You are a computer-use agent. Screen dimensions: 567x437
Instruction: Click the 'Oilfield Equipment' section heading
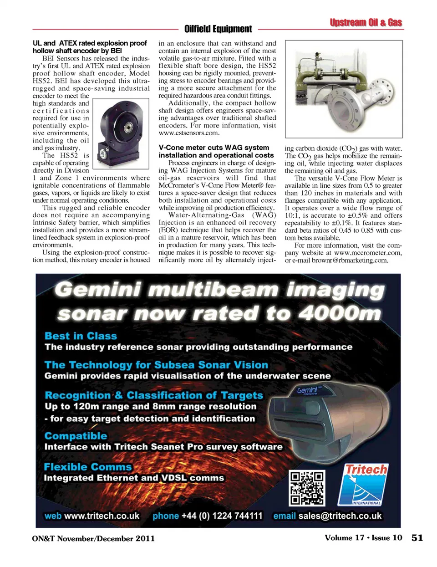(218, 29)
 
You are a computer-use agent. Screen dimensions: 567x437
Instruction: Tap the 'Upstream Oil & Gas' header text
(366, 22)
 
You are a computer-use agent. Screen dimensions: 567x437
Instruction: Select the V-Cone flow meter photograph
(344, 89)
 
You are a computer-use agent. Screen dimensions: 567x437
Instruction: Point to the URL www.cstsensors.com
(189, 133)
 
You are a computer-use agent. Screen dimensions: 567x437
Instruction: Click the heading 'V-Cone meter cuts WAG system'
(214, 148)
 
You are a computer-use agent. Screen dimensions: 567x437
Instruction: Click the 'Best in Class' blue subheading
(81, 336)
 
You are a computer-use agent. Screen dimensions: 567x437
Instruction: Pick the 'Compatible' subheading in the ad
(76, 436)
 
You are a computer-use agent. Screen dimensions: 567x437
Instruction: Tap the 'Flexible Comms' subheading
(87, 467)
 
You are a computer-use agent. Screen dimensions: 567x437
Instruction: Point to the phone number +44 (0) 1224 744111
(222, 516)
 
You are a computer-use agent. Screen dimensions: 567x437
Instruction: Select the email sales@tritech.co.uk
(340, 516)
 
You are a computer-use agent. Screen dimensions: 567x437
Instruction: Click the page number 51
(417, 538)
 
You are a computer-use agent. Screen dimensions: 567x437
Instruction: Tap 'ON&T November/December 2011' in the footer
(93, 538)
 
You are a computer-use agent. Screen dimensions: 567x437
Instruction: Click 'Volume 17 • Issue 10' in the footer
(363, 538)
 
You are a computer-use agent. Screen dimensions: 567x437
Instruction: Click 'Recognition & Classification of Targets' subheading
(154, 395)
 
